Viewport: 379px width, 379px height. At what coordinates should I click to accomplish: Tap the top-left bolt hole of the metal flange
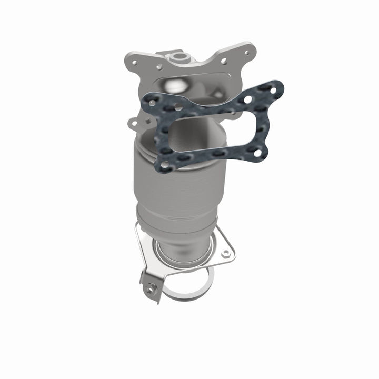point(134,62)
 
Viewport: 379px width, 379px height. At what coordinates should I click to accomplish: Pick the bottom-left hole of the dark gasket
point(165,165)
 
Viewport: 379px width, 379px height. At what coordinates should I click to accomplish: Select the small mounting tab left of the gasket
point(135,124)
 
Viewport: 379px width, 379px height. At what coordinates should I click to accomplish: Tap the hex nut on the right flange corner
point(226,253)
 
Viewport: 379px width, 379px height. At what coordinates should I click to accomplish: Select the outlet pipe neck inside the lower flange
point(182,253)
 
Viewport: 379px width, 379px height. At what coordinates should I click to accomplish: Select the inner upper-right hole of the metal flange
point(224,61)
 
